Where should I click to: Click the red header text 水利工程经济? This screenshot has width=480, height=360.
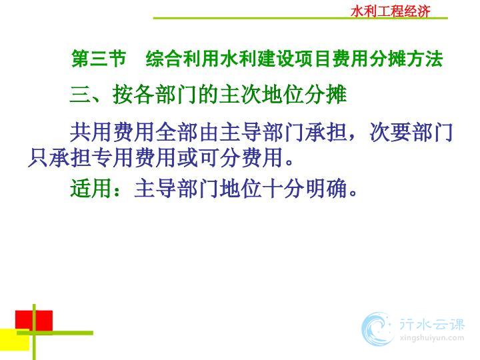point(391,11)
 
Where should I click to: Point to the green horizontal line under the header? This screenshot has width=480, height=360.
point(300,19)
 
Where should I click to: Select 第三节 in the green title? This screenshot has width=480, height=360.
point(99,58)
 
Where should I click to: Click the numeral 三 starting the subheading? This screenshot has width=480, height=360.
point(80,94)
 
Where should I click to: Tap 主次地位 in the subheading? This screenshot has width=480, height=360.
point(261,94)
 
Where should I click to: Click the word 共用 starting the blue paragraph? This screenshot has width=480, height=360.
point(91,132)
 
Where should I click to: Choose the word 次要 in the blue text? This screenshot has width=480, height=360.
point(390,132)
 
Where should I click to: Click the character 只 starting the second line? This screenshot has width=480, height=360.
point(38,158)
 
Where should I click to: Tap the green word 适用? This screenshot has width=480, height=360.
point(91,188)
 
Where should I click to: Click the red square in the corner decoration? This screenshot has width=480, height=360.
point(34,321)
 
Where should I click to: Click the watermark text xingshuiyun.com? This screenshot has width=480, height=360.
point(432,338)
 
